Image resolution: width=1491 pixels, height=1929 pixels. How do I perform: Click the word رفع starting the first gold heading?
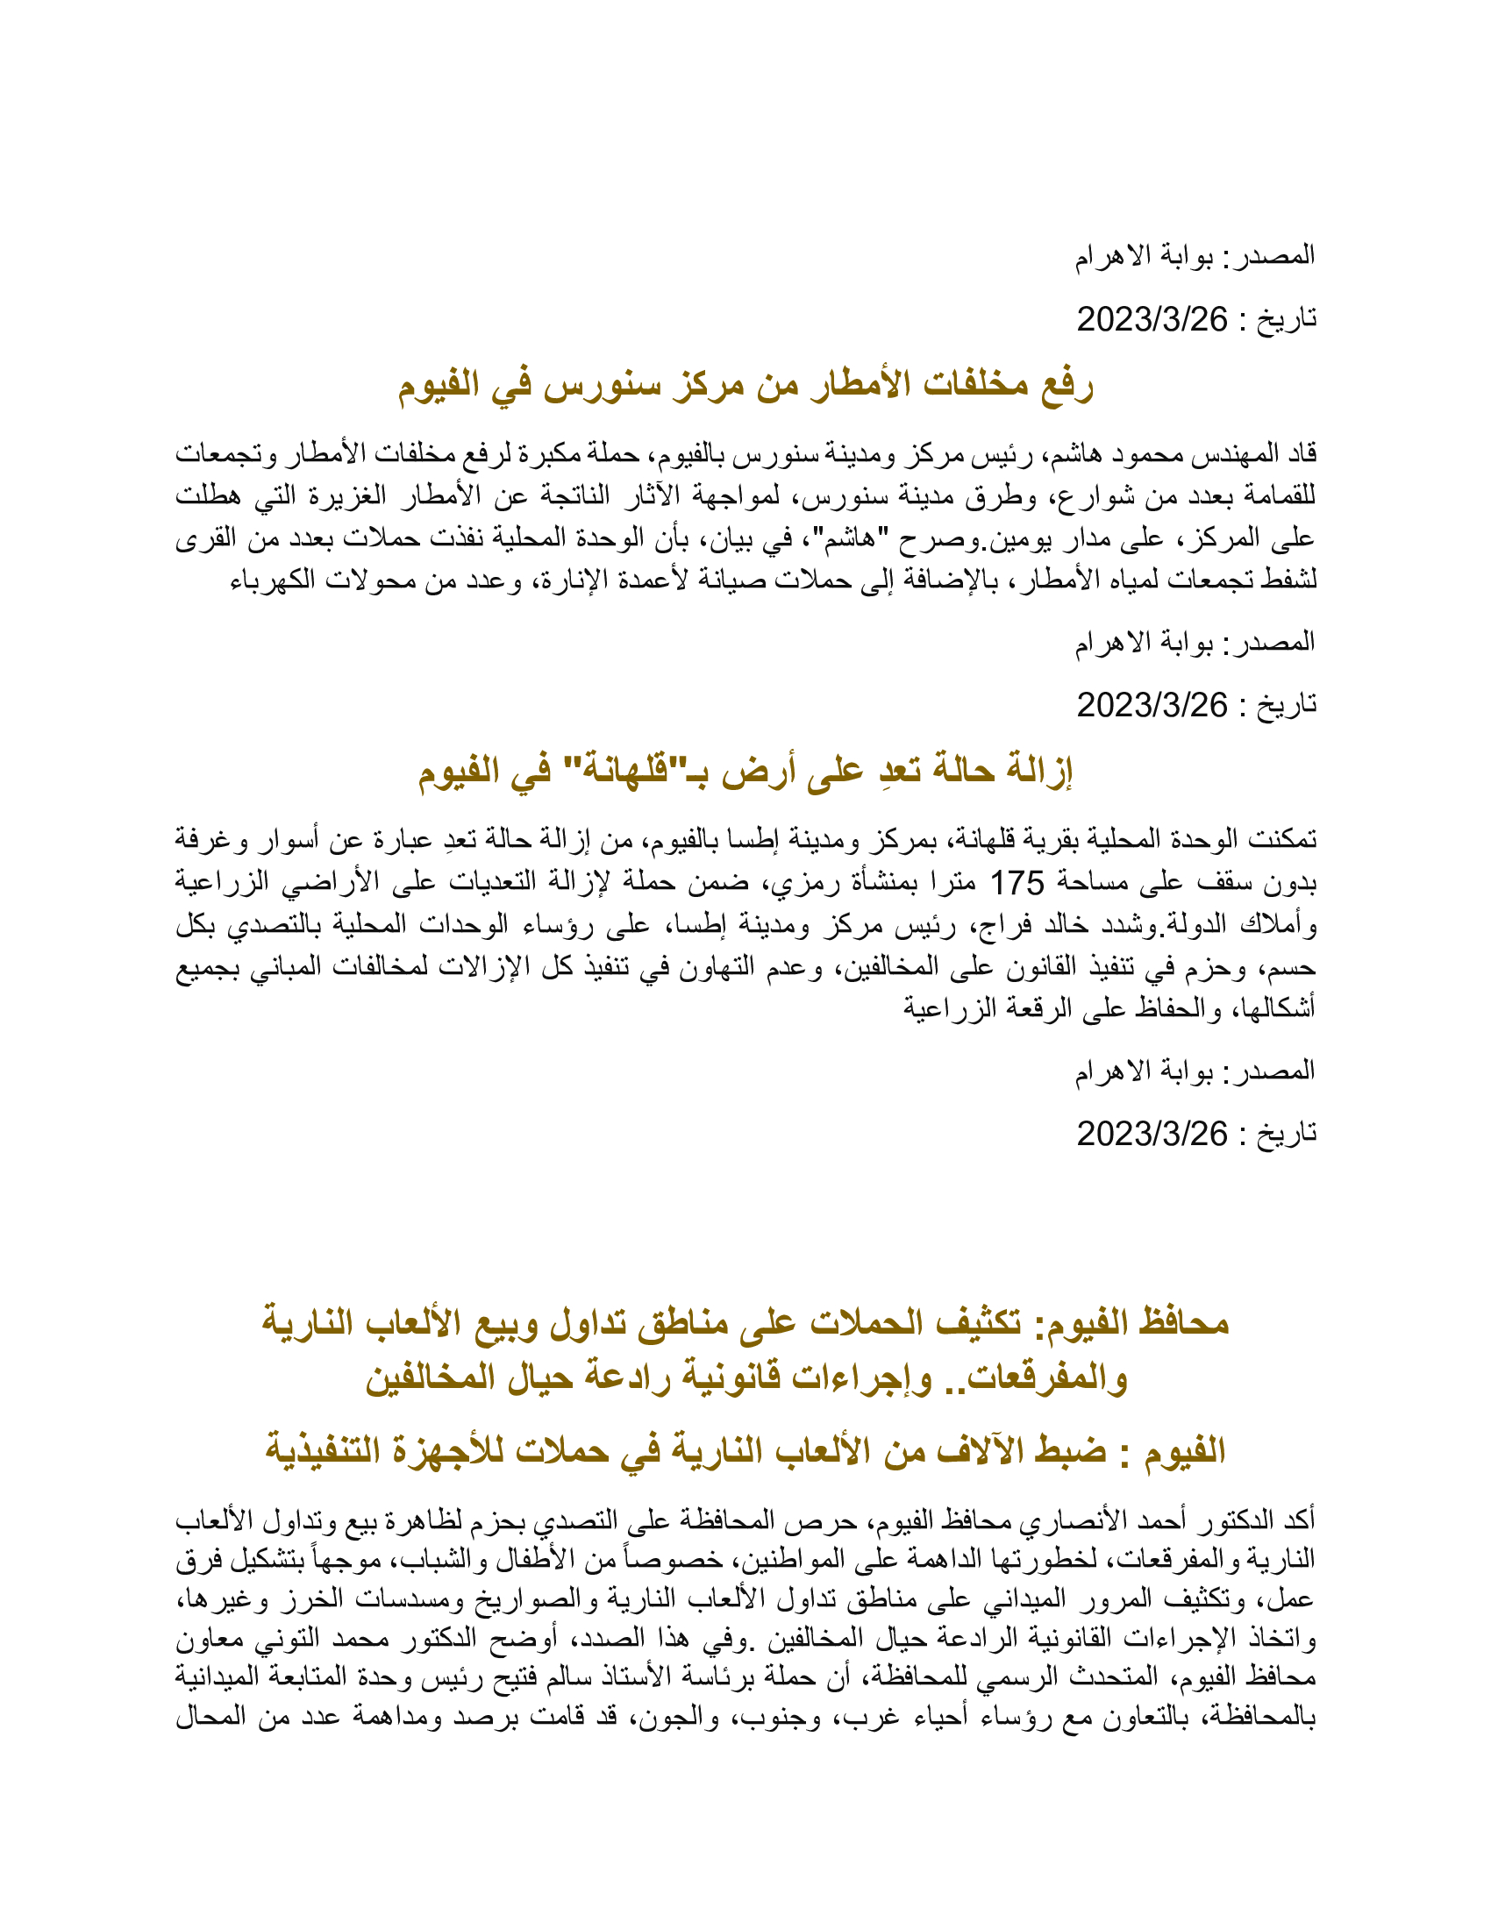pos(1067,386)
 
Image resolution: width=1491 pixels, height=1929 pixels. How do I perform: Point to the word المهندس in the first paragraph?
pos(1220,454)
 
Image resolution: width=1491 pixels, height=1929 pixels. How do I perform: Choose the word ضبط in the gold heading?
pos(1074,1451)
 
